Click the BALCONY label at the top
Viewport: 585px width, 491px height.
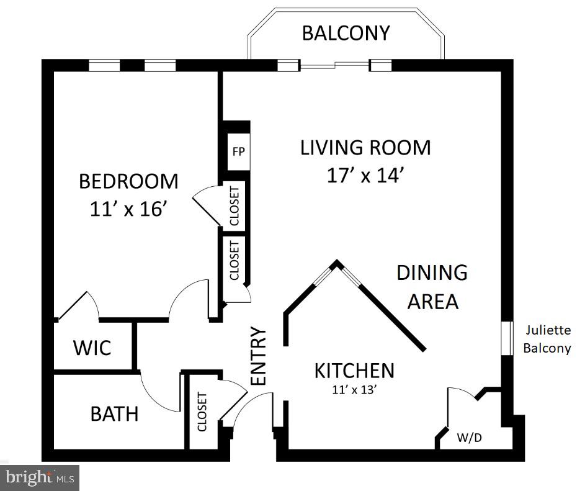(x=346, y=33)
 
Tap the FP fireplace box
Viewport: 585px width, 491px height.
(x=238, y=151)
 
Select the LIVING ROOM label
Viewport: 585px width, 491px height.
(x=365, y=148)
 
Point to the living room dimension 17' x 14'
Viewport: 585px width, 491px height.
(x=365, y=176)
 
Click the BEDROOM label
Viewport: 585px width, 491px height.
(x=128, y=181)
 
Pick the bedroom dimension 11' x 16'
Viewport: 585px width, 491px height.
(x=128, y=209)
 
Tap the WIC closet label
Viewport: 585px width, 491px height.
(x=92, y=348)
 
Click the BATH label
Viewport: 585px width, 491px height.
(x=114, y=414)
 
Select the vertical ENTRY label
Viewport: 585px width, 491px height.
(x=258, y=356)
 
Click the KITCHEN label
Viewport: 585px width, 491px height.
(x=354, y=371)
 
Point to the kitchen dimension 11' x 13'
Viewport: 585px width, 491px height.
(x=354, y=390)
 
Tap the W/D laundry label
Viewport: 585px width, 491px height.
(x=470, y=438)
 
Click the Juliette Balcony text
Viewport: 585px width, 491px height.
(x=547, y=339)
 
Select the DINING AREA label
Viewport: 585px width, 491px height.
(x=432, y=287)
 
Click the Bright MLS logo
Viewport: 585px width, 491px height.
(x=40, y=478)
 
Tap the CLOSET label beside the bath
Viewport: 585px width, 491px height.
(x=202, y=412)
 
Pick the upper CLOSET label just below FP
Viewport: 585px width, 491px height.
(x=234, y=205)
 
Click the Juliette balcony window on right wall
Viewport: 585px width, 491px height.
(x=507, y=339)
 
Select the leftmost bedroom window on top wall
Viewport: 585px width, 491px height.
(x=104, y=65)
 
